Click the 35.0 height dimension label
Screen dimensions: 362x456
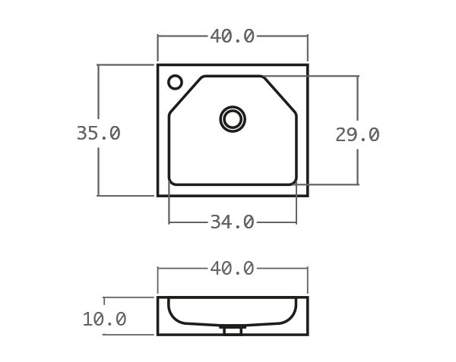[x=98, y=134]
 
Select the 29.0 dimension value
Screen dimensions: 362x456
[x=357, y=135]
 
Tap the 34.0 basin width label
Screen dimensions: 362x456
[x=232, y=222]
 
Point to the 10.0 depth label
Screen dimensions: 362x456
[x=104, y=320]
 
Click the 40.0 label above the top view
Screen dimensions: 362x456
[x=232, y=36]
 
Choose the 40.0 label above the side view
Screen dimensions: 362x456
[x=232, y=269]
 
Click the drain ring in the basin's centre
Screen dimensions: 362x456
[x=233, y=119]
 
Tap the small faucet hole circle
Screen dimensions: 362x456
[x=175, y=82]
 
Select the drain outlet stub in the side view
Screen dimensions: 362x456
[x=233, y=330]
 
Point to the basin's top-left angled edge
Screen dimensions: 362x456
[x=185, y=95]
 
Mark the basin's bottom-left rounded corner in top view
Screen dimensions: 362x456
[x=172, y=181]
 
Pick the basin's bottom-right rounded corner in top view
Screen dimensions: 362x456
[x=293, y=181]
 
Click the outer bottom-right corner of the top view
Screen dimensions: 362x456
[x=307, y=195]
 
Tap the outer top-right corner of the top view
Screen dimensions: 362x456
[x=307, y=65]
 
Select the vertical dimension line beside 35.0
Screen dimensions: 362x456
[x=98, y=99]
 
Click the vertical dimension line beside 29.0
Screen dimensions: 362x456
[x=357, y=99]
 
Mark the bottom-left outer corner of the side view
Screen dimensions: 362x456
[x=158, y=334]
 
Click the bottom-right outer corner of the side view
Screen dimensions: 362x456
[x=307, y=334]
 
